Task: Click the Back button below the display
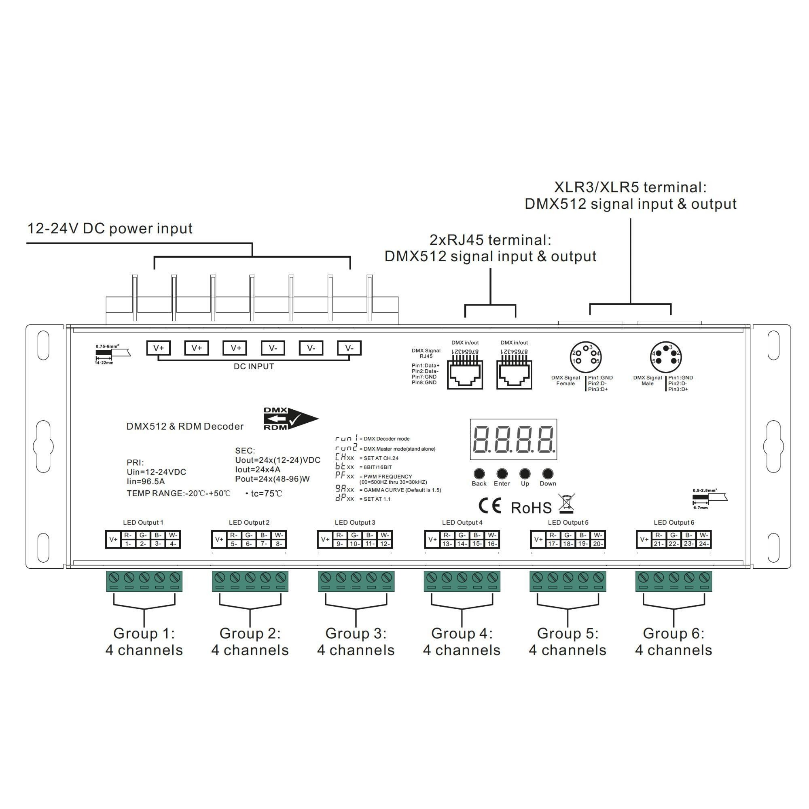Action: (479, 474)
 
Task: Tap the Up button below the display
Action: (525, 474)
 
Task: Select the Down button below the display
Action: (548, 474)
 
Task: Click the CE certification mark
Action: (490, 506)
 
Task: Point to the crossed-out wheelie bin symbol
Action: (566, 504)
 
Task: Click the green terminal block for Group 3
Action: (356, 581)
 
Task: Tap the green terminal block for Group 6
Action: (673, 581)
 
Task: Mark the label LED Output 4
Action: (462, 523)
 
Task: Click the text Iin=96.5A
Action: (145, 481)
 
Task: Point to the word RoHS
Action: (532, 508)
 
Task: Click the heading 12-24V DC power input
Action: (110, 229)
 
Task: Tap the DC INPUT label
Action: (254, 366)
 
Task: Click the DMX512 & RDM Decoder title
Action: (185, 426)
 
